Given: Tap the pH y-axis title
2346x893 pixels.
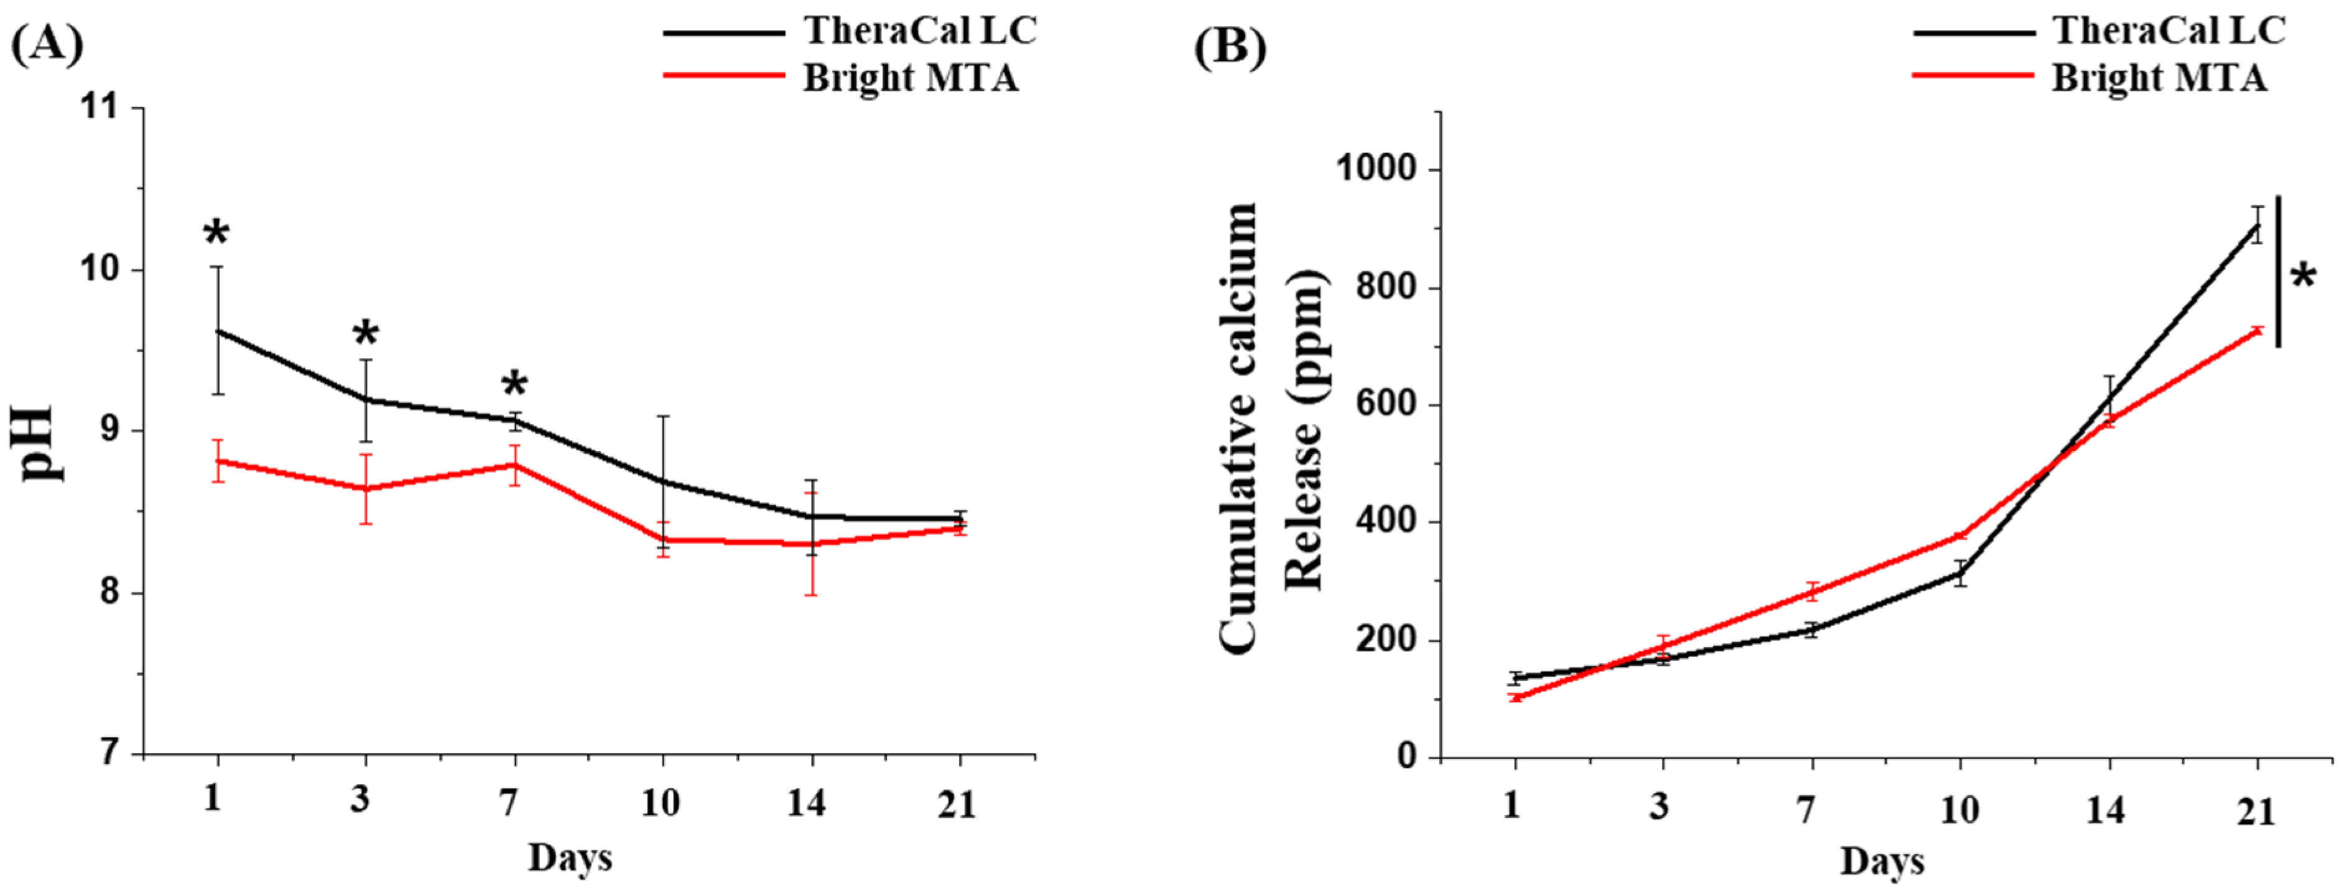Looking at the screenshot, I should coord(41,444).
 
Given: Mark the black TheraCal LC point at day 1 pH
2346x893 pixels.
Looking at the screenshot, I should coord(218,331).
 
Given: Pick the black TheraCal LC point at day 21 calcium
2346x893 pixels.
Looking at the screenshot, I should coord(2256,225).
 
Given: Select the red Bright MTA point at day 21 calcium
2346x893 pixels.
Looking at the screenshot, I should coord(2256,330).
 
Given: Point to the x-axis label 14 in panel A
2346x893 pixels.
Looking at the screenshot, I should coord(807,802).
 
